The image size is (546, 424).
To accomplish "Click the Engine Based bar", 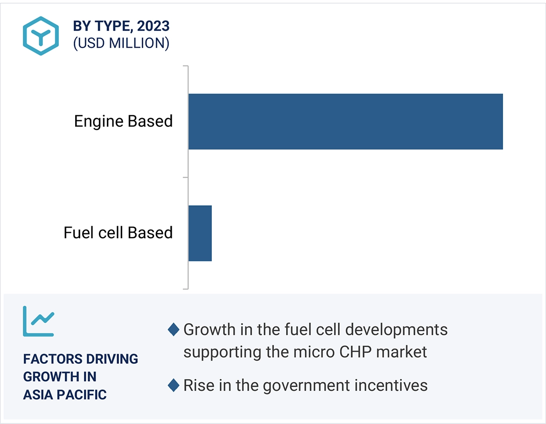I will pyautogui.click(x=345, y=121).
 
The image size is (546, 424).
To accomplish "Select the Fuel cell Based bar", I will pyautogui.click(x=200, y=233).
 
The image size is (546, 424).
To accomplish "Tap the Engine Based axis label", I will pyautogui.click(x=123, y=121).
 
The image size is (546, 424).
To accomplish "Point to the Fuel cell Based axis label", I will pyautogui.click(x=118, y=233).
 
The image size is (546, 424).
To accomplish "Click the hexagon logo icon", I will pyautogui.click(x=41, y=36).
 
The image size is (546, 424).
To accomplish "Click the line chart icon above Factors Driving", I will pyautogui.click(x=38, y=321).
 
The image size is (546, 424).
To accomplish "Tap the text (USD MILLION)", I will pyautogui.click(x=121, y=43).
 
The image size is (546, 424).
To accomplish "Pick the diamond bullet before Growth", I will pyautogui.click(x=174, y=330).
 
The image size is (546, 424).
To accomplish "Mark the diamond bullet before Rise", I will pyautogui.click(x=174, y=386).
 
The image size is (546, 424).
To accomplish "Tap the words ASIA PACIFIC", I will pyautogui.click(x=65, y=395).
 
